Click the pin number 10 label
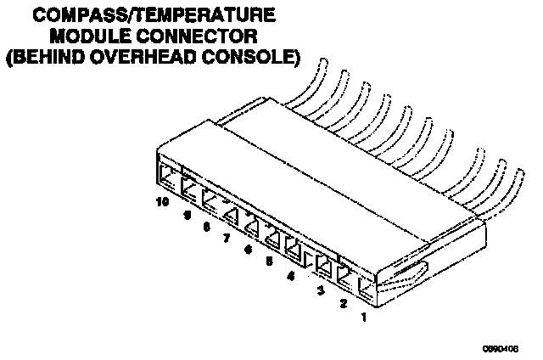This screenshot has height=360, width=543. (162, 203)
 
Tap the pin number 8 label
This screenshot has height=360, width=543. (206, 227)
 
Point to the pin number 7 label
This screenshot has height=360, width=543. (227, 239)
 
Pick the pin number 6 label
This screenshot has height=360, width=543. (248, 250)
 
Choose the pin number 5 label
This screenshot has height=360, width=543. (269, 262)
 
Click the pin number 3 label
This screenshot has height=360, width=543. (321, 290)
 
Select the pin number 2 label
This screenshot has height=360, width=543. (343, 303)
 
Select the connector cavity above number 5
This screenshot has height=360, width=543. (272, 236)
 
